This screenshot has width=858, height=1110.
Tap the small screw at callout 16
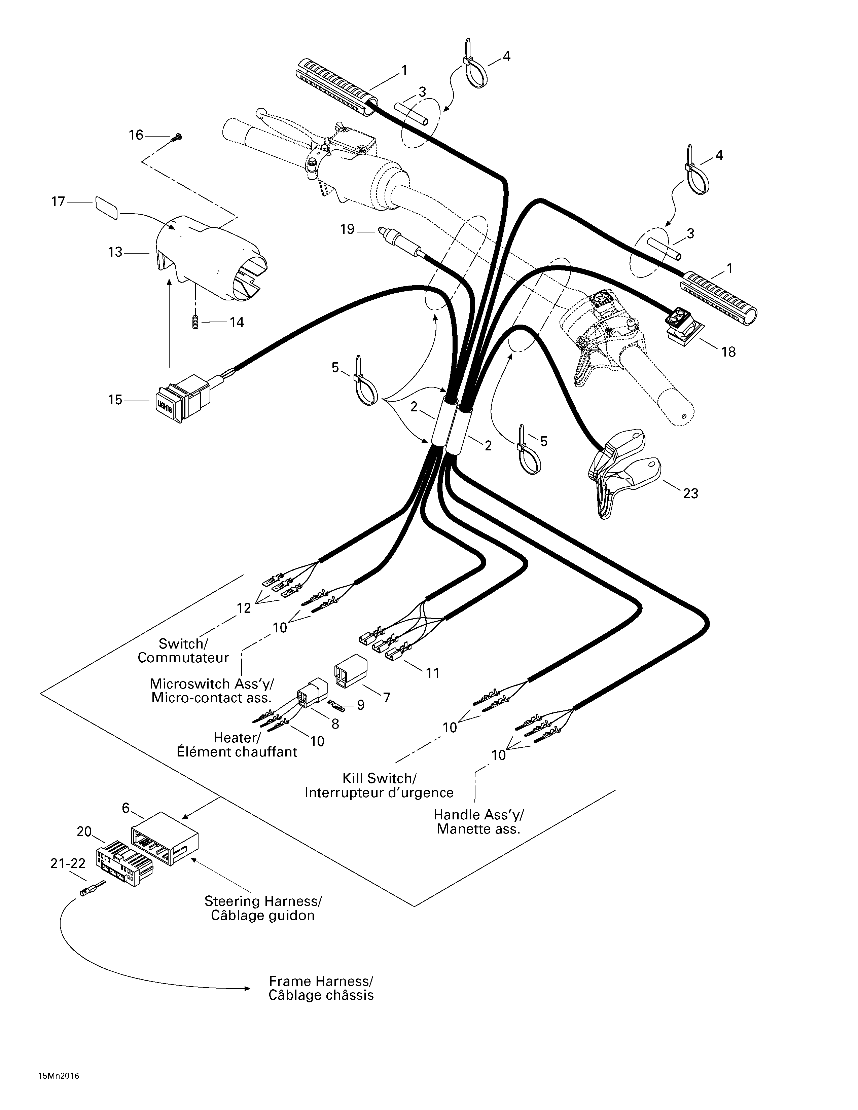(177, 137)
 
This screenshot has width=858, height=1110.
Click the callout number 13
(115, 252)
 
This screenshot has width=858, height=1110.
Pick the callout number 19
(347, 230)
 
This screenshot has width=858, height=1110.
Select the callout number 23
(690, 493)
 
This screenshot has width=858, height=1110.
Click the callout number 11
(433, 673)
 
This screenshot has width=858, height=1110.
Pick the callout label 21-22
(68, 863)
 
